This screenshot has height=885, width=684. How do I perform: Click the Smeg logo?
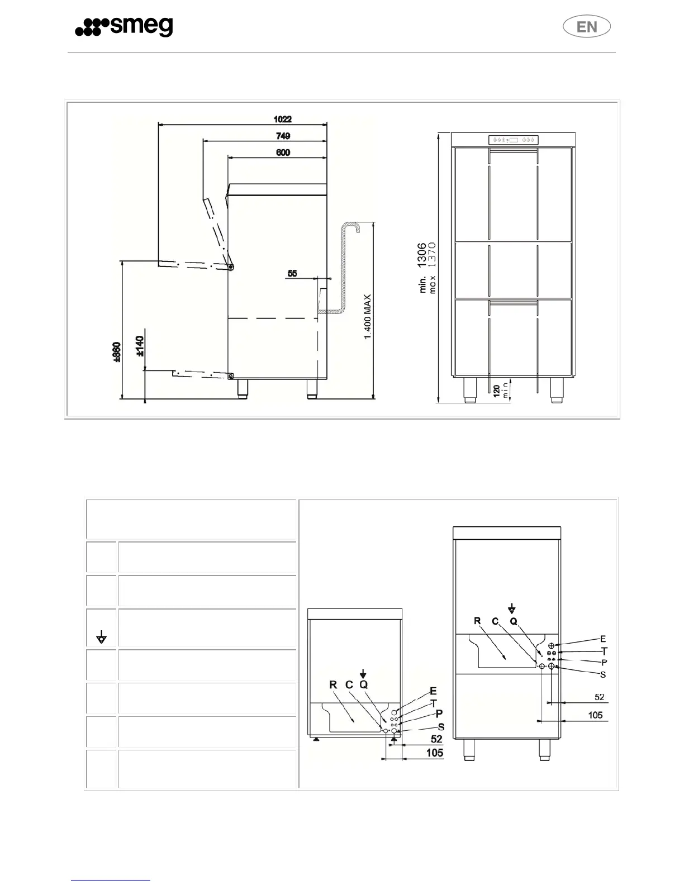click(x=124, y=27)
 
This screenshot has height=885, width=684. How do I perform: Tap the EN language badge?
click(x=586, y=27)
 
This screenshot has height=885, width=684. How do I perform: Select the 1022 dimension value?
click(x=282, y=119)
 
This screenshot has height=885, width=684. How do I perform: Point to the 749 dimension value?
click(x=283, y=136)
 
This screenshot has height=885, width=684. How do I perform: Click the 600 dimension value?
click(x=283, y=153)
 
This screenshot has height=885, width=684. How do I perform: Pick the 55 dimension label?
click(x=292, y=274)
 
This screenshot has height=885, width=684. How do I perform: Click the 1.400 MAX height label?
click(x=368, y=317)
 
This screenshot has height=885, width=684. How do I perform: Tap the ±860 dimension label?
click(x=116, y=353)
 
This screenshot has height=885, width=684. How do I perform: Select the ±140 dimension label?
click(x=140, y=346)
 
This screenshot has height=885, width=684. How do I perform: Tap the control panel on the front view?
click(x=514, y=140)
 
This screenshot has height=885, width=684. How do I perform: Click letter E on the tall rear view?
click(x=603, y=639)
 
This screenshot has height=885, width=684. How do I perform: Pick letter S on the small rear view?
click(x=441, y=727)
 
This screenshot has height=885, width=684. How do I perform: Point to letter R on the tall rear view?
click(x=477, y=621)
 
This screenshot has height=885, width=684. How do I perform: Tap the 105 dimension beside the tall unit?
click(x=596, y=715)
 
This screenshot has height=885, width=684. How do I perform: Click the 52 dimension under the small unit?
click(x=436, y=739)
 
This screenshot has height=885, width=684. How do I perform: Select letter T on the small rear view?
click(x=434, y=703)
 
